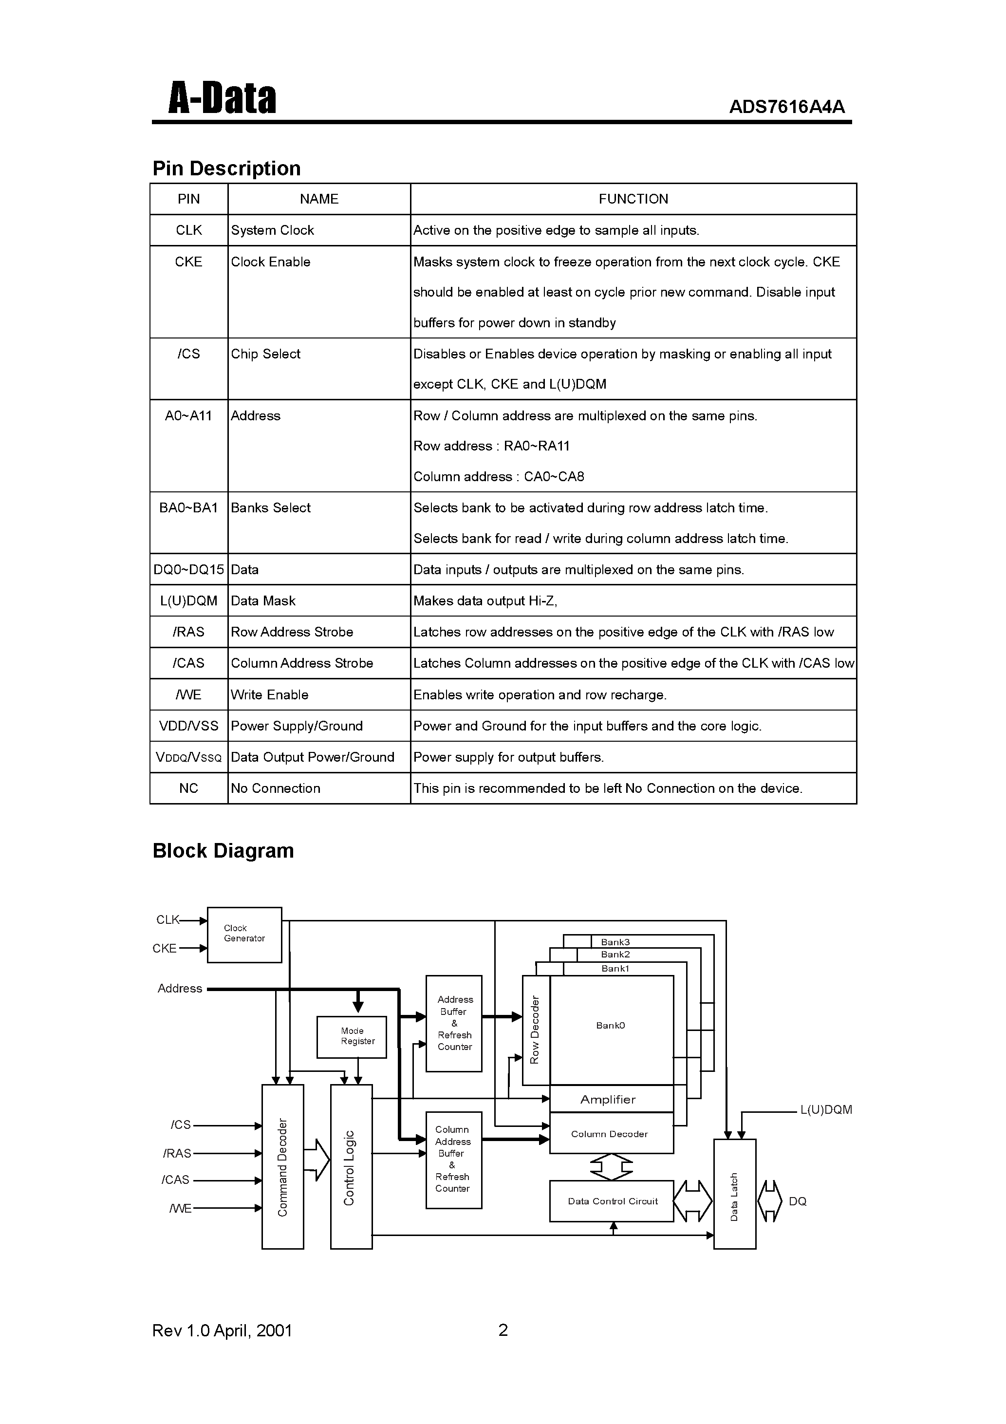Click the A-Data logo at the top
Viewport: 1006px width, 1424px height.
click(x=222, y=98)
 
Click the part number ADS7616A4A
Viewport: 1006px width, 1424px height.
click(x=786, y=107)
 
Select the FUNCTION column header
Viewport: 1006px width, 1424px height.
click(x=633, y=199)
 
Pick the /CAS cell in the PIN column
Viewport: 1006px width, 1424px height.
click(x=188, y=663)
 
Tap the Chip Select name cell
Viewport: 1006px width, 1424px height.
click(x=265, y=354)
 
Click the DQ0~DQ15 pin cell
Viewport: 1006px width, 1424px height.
click(x=188, y=569)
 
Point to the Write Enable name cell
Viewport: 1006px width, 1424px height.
click(x=269, y=694)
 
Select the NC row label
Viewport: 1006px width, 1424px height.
click(x=188, y=788)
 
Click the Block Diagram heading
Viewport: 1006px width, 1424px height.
click(x=224, y=850)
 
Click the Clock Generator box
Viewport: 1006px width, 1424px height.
click(x=244, y=935)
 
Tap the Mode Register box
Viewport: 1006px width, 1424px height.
click(x=352, y=1036)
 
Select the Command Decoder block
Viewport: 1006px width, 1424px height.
click(x=283, y=1166)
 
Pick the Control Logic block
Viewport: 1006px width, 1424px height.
click(x=351, y=1166)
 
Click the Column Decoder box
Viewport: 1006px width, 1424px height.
click(x=611, y=1133)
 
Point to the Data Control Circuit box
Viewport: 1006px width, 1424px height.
click(x=612, y=1201)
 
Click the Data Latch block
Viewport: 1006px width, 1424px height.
click(x=735, y=1194)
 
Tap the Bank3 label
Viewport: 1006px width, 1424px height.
click(x=615, y=942)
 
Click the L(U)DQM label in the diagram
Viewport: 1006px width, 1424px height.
click(x=825, y=1109)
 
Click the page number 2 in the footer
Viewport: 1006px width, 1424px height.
click(x=503, y=1330)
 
